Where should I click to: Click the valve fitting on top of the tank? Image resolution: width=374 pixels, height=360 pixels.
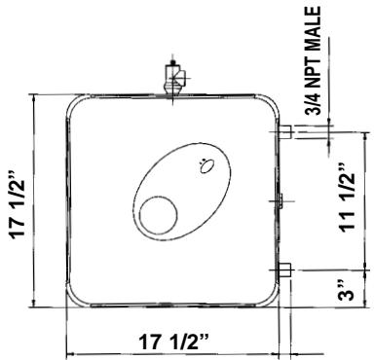[x=175, y=78]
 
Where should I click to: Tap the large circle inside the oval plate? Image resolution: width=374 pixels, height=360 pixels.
[x=155, y=215]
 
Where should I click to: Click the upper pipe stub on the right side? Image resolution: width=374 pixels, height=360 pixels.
[x=286, y=130]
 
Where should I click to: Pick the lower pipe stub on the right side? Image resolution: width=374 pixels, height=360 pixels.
[x=286, y=270]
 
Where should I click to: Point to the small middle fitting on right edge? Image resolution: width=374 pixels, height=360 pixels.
[x=280, y=200]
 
